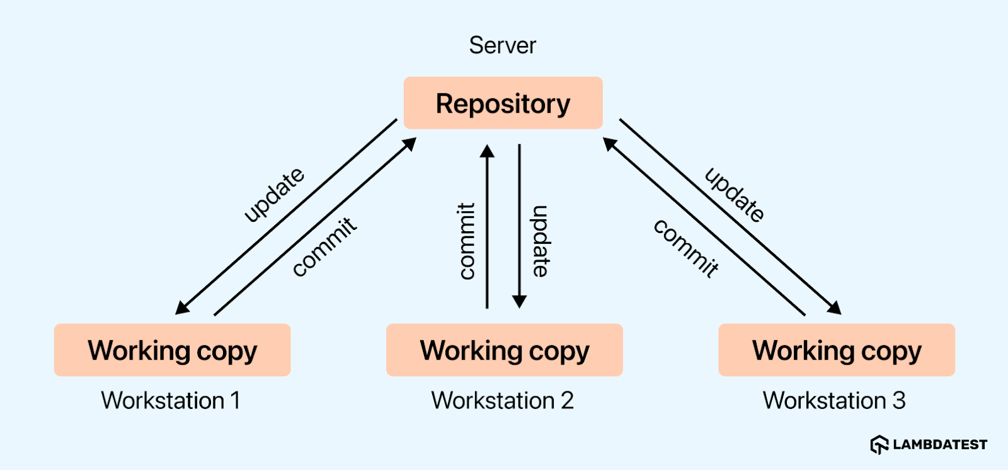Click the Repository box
[x=503, y=103]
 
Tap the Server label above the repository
[x=502, y=45]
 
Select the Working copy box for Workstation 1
[x=172, y=350]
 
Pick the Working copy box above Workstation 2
[x=504, y=350]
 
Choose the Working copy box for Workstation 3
[x=837, y=350]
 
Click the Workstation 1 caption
[x=171, y=401]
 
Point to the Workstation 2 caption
[x=503, y=401]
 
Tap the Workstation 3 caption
[x=834, y=401]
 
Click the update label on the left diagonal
[x=274, y=195]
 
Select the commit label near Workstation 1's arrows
[x=324, y=246]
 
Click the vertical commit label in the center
[x=466, y=241]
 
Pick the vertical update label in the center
[x=541, y=241]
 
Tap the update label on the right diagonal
[x=735, y=195]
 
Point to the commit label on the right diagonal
[x=686, y=248]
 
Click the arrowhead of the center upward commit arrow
[x=487, y=151]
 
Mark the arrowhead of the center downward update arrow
[x=519, y=302]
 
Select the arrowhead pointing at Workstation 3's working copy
[x=835, y=308]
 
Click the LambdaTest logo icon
[x=879, y=445]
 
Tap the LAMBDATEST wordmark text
[x=940, y=445]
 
